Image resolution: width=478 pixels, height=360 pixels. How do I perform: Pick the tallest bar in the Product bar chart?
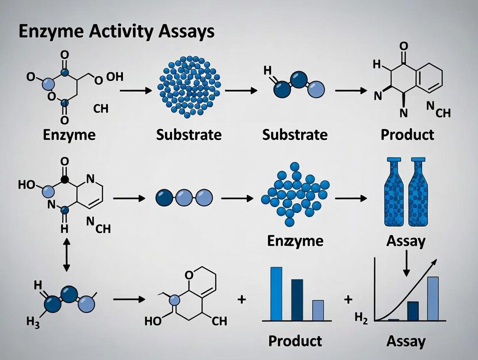[276, 293]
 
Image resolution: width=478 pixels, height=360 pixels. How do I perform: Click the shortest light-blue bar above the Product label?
[318, 310]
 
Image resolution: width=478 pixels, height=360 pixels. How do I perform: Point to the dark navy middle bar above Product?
[297, 299]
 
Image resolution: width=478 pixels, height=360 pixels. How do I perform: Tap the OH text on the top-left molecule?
[114, 77]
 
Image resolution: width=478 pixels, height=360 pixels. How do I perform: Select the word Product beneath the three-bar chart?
[295, 341]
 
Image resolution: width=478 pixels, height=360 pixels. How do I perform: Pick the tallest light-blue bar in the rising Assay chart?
[433, 298]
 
